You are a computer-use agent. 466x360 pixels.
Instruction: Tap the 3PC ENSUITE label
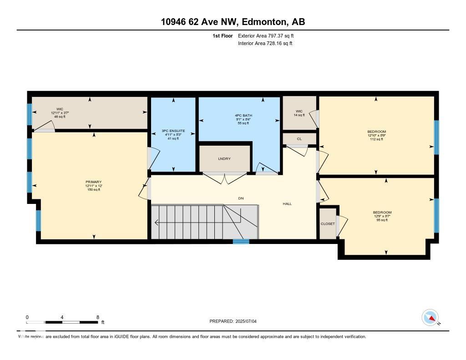(x=173, y=131)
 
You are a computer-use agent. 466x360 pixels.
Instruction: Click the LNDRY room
(x=224, y=158)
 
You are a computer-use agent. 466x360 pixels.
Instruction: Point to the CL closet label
(x=299, y=139)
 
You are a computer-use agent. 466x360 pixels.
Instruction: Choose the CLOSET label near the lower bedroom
(x=328, y=223)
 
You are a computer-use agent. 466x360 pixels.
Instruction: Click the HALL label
(x=287, y=204)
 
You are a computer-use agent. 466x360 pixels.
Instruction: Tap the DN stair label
(x=241, y=198)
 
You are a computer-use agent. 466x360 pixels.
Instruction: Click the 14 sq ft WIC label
(x=299, y=112)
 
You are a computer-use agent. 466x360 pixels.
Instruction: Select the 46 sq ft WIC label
(x=60, y=109)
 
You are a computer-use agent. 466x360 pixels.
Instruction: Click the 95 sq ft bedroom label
(x=382, y=213)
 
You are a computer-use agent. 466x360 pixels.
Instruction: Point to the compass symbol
(x=430, y=318)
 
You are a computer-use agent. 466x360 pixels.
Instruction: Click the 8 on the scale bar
(x=98, y=317)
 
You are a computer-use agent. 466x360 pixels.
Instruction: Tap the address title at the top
(x=233, y=22)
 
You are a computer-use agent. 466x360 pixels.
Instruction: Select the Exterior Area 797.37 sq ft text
(x=268, y=35)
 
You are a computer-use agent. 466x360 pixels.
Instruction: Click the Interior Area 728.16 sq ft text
(x=265, y=44)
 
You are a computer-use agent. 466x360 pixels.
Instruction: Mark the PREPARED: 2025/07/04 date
(x=236, y=321)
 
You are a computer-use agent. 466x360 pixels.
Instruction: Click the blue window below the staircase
(x=241, y=242)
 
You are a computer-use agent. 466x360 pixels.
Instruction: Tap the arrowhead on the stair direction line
(x=156, y=223)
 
